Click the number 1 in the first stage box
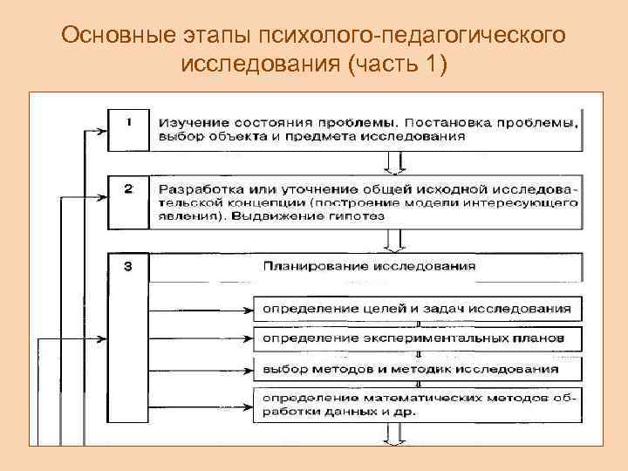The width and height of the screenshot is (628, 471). (x=128, y=122)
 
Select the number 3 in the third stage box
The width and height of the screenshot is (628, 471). (x=128, y=267)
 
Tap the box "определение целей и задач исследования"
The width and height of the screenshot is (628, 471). (x=414, y=308)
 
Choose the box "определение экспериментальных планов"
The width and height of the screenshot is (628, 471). (x=414, y=337)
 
